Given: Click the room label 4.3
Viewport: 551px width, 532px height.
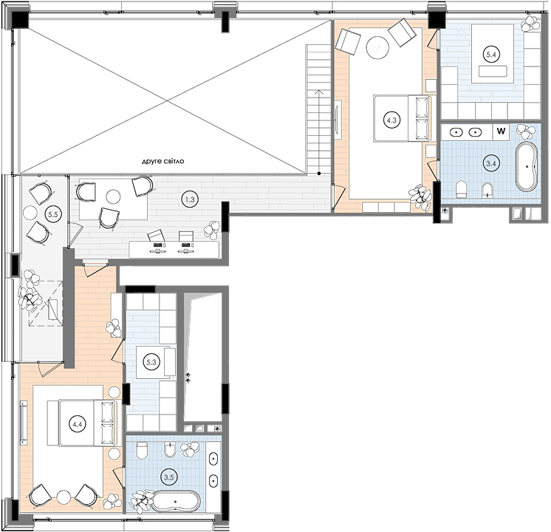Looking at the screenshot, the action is [391, 120].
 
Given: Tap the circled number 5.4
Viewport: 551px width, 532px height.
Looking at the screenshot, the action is [491, 55].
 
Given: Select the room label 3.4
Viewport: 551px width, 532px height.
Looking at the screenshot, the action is [491, 163].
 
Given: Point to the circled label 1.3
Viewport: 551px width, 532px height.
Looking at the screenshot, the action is [190, 199].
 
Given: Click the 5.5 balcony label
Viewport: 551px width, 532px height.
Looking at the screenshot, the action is [53, 214].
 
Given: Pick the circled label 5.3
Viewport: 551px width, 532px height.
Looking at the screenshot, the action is [151, 362].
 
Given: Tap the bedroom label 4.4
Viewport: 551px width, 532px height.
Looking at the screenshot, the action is [78, 424].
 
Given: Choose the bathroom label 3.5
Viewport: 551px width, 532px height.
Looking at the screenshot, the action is [169, 477].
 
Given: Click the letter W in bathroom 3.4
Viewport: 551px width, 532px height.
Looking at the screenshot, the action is [501, 132].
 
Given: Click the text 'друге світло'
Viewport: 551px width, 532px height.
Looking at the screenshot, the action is [162, 161].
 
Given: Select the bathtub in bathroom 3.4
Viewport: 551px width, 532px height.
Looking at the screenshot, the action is [527, 167].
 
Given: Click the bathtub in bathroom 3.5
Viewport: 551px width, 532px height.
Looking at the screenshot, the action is [176, 501].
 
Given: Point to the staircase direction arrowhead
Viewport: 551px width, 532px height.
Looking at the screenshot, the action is [319, 92].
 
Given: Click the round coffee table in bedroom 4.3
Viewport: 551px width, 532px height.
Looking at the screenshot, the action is [377, 47].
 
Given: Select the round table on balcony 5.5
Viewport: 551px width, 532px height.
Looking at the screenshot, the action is [30, 212].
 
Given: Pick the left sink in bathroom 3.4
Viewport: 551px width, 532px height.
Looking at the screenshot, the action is [456, 132].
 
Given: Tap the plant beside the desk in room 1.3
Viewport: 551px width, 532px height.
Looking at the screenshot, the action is [211, 230].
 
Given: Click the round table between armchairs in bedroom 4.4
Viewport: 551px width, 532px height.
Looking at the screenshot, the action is [64, 497].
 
